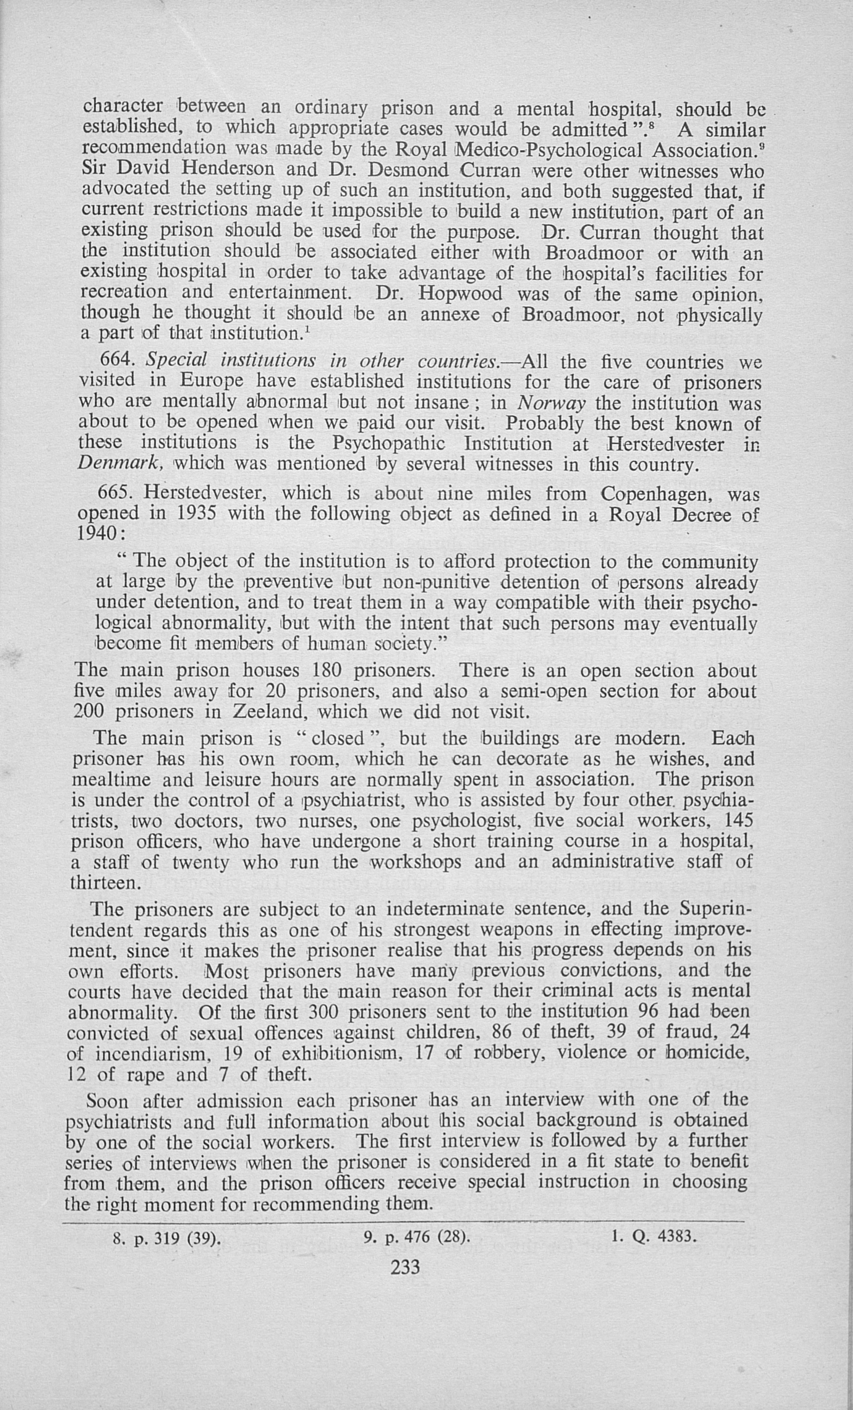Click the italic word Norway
551,404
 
